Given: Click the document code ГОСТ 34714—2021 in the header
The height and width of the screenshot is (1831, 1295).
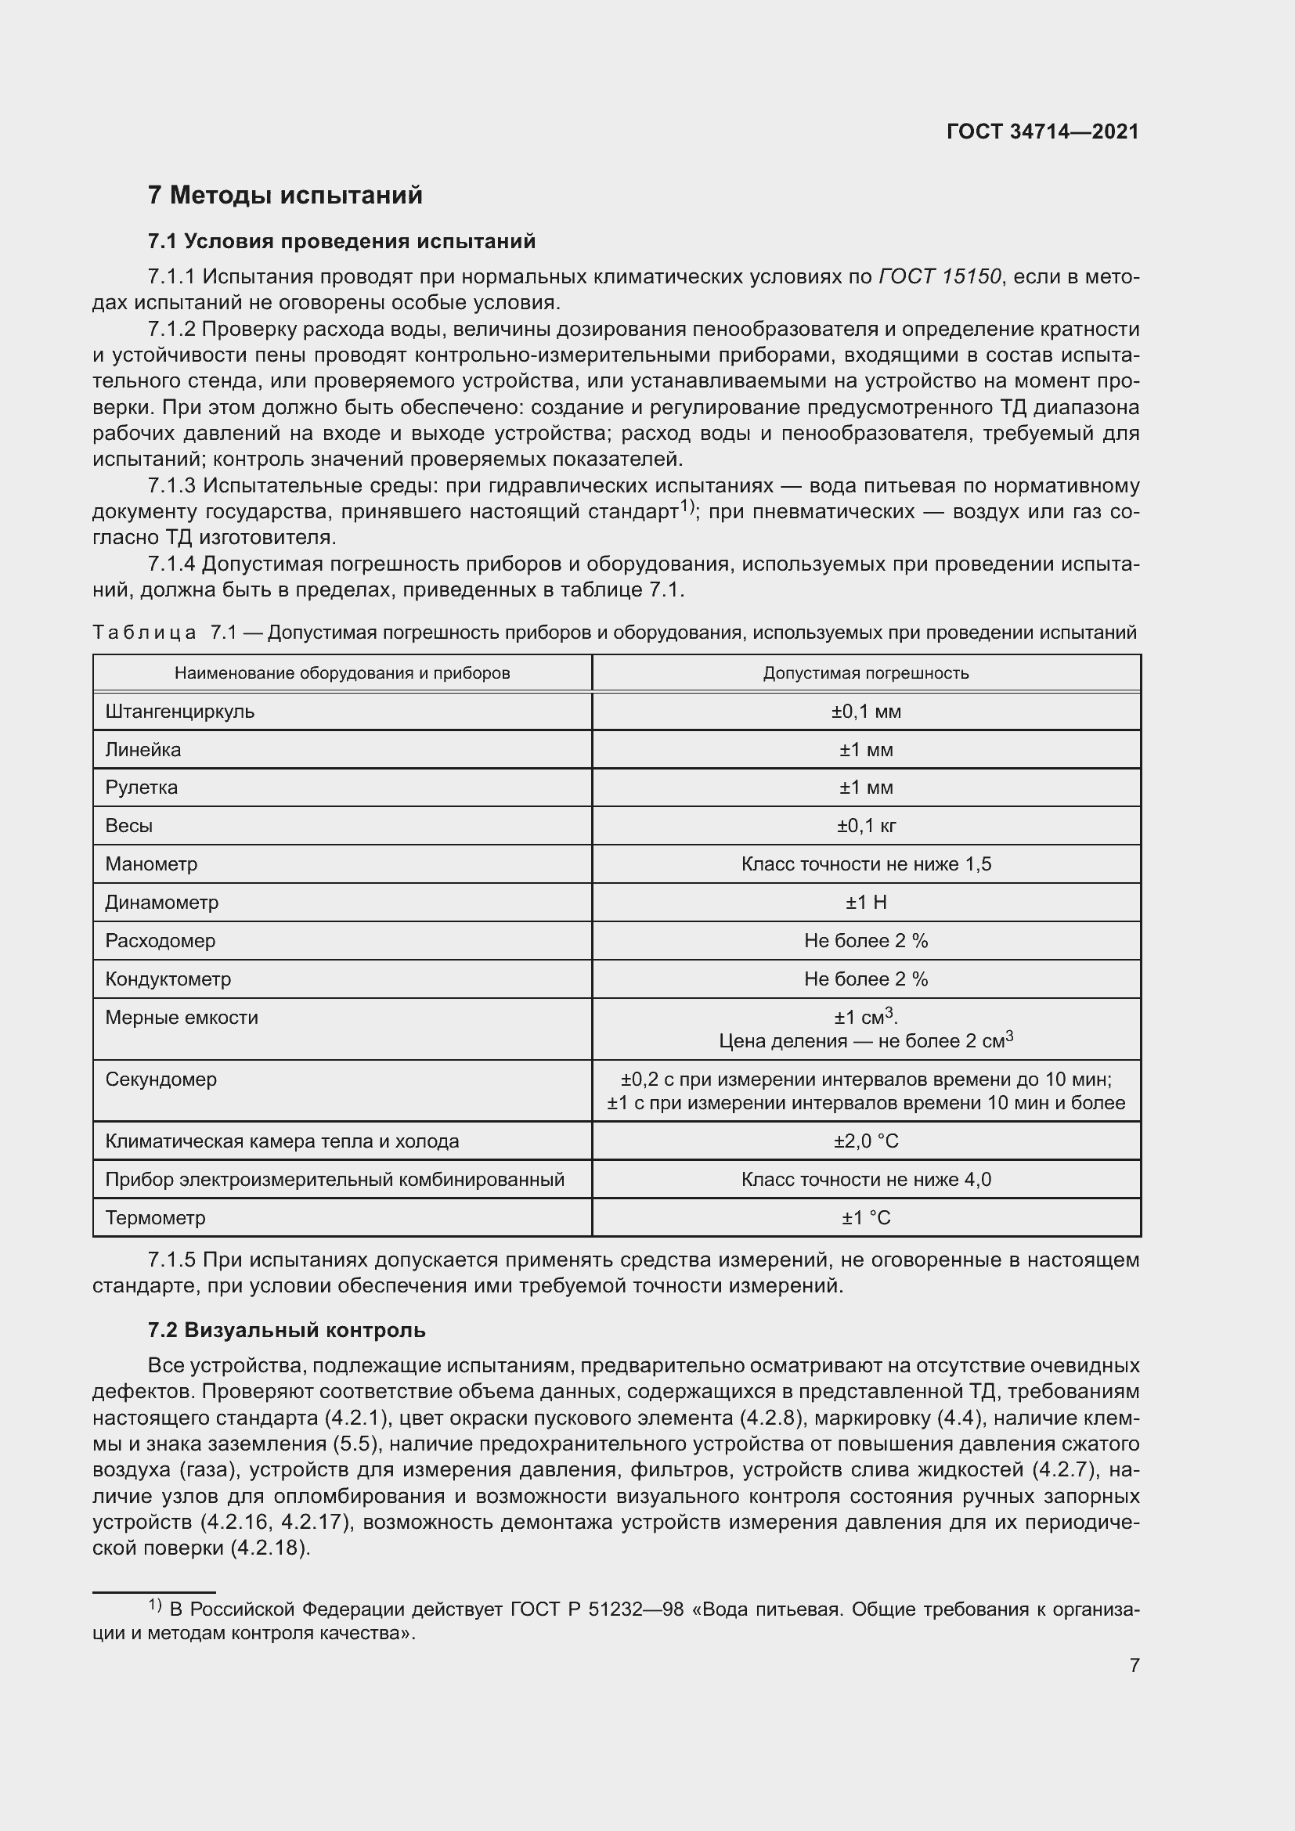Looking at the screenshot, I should click(1042, 132).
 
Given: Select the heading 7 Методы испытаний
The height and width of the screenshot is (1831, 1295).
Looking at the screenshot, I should click(285, 195).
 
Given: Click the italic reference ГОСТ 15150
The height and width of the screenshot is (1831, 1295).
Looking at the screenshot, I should click(940, 276).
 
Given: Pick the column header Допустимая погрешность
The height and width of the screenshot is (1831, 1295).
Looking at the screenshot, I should click(866, 672).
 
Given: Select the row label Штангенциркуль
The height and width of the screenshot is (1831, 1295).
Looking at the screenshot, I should click(179, 711).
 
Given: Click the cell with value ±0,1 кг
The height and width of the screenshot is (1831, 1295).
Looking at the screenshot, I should click(866, 825).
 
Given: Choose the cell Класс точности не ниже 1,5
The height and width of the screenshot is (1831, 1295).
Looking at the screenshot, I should click(866, 863).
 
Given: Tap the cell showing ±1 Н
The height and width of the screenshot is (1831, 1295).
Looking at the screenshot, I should click(866, 902).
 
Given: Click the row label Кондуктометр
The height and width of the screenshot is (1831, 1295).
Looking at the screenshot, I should click(168, 979).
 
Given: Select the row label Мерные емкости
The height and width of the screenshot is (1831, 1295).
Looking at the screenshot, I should click(181, 1017).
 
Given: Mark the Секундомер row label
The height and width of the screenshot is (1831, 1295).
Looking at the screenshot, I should click(161, 1079).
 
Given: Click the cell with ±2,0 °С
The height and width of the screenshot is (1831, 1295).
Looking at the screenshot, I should click(866, 1141).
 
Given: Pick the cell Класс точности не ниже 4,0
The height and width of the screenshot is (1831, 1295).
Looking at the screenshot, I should click(866, 1180).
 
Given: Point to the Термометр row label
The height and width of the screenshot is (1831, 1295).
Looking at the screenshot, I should click(155, 1218).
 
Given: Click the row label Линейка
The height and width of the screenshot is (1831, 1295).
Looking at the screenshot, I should click(142, 749).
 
